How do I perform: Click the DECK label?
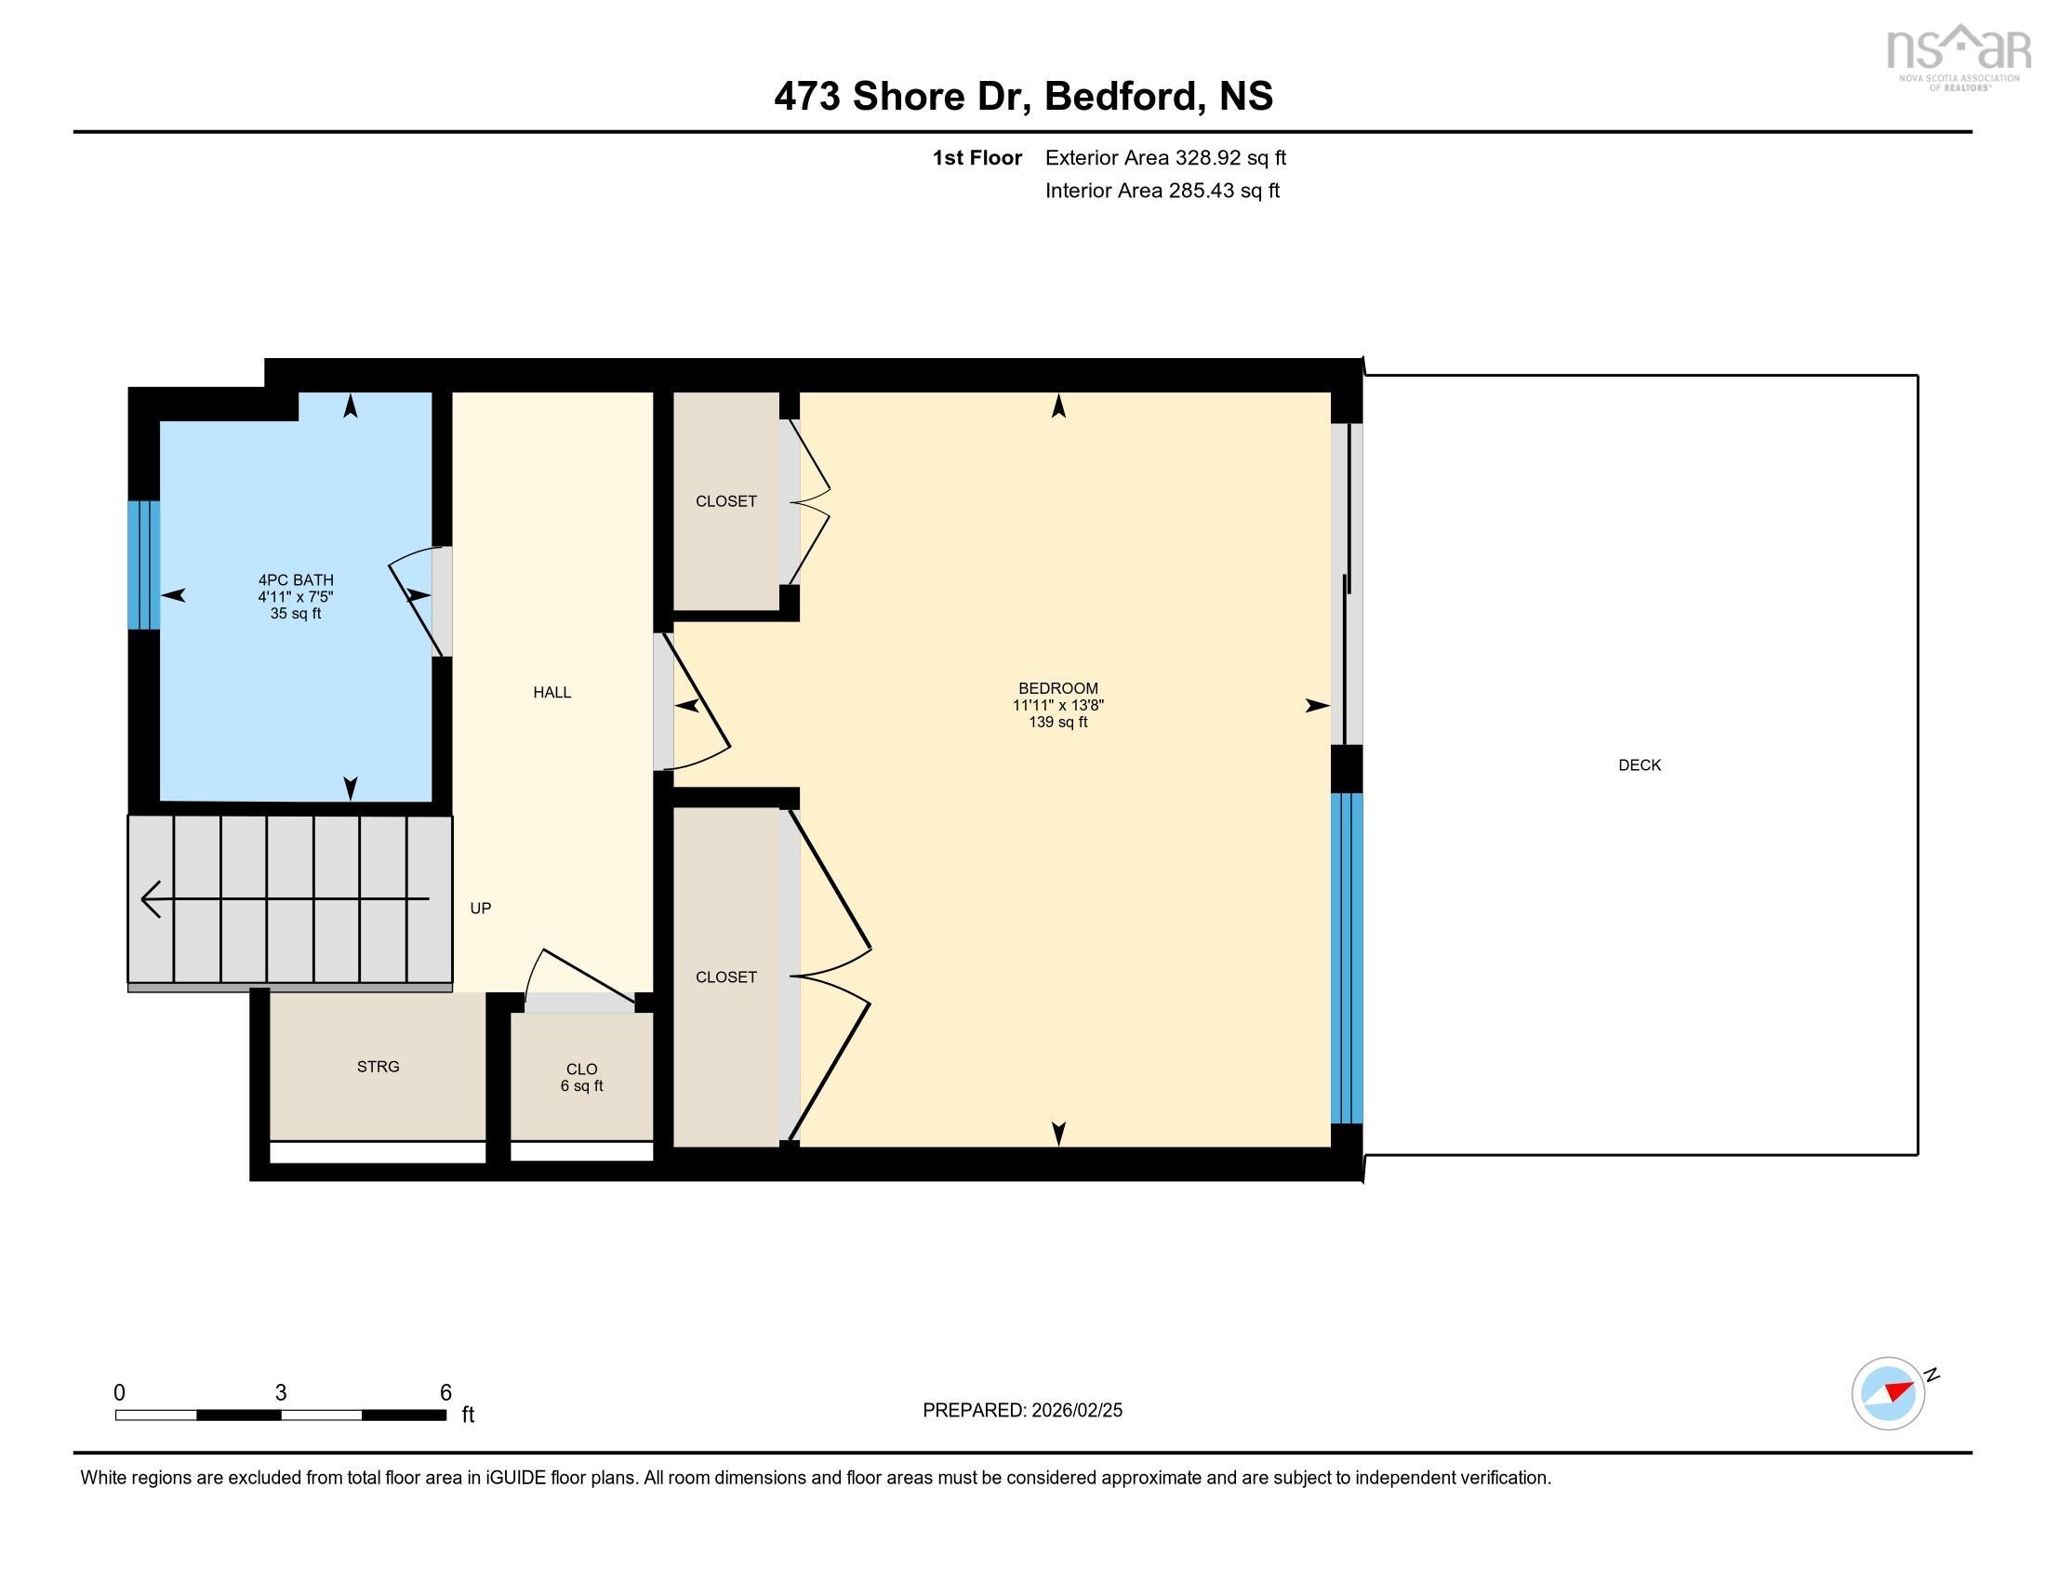point(1639,765)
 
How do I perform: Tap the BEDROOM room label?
point(1057,688)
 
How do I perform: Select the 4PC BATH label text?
point(296,580)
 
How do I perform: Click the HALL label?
point(551,692)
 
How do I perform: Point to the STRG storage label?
point(378,1067)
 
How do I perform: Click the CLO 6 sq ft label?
point(581,1077)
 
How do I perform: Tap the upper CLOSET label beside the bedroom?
point(725,501)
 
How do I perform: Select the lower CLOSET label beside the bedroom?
point(725,976)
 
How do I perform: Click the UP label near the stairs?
point(480,909)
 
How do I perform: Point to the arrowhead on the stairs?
point(150,900)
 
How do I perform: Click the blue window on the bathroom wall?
point(143,565)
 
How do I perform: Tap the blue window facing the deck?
point(1347,957)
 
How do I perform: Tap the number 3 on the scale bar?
point(280,1393)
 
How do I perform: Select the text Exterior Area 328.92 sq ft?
point(1165,158)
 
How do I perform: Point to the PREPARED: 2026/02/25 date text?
point(1022,1411)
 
